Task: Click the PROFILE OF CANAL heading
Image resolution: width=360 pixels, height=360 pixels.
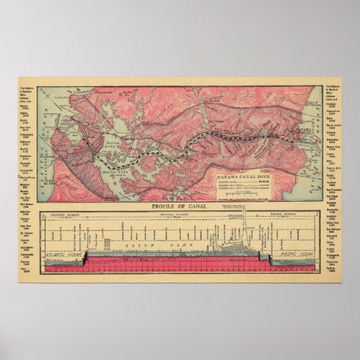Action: click(x=179, y=206)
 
